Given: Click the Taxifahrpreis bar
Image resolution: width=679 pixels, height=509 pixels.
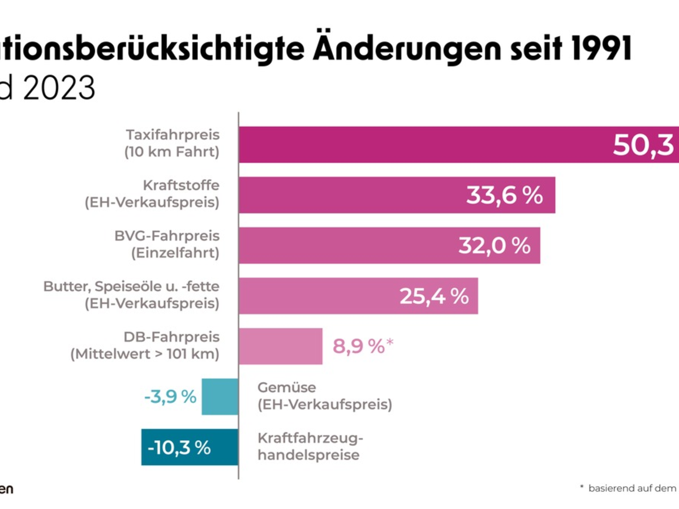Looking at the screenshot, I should [x=424, y=145].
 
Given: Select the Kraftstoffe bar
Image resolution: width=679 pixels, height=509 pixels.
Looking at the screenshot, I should [x=351, y=195].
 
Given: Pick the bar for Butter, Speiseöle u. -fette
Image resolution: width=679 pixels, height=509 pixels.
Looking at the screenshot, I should [x=317, y=296].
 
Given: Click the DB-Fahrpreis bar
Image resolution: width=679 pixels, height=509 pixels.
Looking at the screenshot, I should [x=281, y=346].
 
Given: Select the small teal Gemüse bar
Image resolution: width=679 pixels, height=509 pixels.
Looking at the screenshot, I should [x=220, y=396].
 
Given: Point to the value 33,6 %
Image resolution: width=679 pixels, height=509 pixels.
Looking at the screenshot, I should [x=504, y=195].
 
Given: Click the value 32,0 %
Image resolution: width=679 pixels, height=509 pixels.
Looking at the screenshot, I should [x=494, y=245].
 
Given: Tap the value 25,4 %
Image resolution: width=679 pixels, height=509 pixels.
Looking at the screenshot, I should [x=434, y=296].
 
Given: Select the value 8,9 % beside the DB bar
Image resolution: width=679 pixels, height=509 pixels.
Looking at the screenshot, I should [x=359, y=346].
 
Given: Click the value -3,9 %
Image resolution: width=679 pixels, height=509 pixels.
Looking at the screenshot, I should [x=170, y=396].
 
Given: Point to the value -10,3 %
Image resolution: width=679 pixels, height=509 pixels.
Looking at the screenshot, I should [x=179, y=447].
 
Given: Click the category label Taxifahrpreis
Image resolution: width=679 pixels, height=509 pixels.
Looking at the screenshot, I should [x=173, y=135].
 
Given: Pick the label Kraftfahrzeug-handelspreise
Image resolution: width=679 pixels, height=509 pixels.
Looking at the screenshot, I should [x=310, y=447].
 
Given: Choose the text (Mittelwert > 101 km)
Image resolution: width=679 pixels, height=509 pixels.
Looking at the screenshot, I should [x=145, y=355].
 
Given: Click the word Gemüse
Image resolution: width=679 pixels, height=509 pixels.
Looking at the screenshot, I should [x=286, y=388].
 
